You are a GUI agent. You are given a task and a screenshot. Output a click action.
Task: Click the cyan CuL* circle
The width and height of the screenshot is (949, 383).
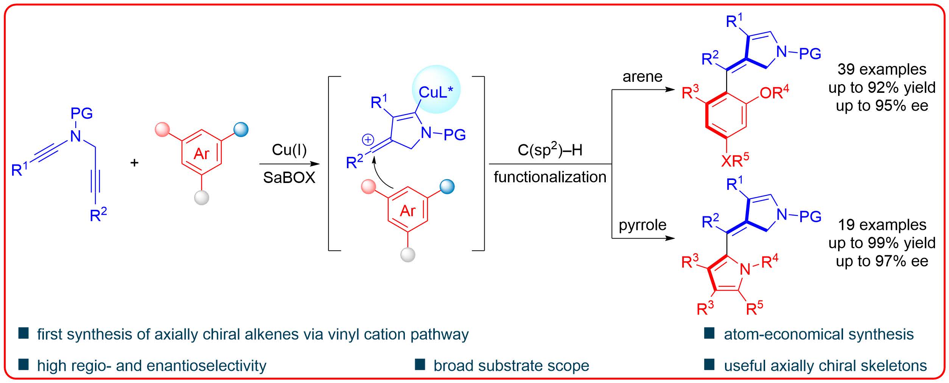[x=436, y=89]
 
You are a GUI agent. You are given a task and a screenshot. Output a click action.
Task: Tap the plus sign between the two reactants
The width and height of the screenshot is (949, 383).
[x=134, y=163]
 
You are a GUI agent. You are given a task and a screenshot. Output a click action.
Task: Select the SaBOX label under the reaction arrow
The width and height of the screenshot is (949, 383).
[x=289, y=178]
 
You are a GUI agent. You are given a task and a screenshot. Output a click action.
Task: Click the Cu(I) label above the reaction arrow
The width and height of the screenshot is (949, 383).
[x=289, y=150]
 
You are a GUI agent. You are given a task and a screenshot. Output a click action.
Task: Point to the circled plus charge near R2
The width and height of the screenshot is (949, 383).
[x=368, y=140]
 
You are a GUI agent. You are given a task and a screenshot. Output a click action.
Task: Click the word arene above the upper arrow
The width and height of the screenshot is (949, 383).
[x=643, y=77]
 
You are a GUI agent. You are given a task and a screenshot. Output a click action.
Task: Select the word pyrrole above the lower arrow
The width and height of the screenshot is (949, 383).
[x=643, y=225]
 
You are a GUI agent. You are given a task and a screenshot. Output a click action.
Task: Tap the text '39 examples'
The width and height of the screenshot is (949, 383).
[x=882, y=69]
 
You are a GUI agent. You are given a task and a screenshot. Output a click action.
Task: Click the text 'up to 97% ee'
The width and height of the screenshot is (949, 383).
[x=882, y=261]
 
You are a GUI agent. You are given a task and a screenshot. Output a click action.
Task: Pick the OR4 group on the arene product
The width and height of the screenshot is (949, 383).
[x=774, y=92]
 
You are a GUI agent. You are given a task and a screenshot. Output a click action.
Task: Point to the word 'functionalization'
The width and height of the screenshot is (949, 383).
[x=550, y=177]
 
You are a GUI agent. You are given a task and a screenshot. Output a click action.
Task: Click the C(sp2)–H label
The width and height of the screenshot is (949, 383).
[x=550, y=150]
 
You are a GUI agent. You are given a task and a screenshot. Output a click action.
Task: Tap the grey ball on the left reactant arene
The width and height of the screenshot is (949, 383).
[x=202, y=197]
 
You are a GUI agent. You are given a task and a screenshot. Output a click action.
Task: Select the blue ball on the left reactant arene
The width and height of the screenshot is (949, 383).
[x=241, y=130]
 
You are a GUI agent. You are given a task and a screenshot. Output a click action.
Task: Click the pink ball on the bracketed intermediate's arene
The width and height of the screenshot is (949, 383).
[x=368, y=187]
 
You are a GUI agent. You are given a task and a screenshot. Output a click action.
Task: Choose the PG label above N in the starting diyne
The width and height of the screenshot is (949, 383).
[x=82, y=113]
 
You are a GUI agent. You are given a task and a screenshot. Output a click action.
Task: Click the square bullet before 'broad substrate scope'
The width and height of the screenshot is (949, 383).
[x=420, y=365]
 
